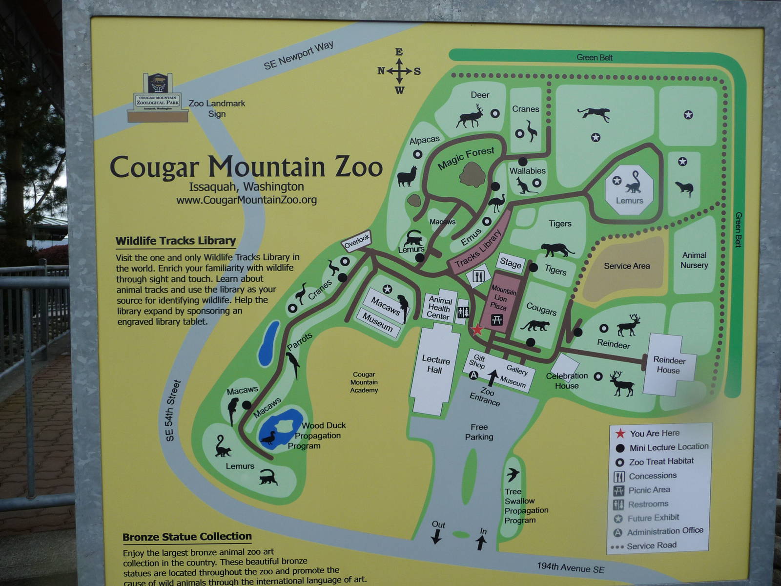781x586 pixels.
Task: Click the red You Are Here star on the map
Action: coord(477,330)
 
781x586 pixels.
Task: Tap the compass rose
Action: coord(399,71)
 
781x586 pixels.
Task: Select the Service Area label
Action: coord(627,266)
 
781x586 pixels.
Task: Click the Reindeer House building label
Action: coord(669,365)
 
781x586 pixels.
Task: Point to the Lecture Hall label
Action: coord(435,365)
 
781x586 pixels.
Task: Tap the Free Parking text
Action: coord(479,432)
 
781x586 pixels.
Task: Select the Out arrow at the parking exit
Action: coord(436,537)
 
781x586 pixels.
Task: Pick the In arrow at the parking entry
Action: coord(481,542)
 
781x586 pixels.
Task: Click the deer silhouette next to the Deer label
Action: coord(471,117)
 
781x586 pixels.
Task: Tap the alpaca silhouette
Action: coord(407,176)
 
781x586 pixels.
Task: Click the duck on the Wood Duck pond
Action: coord(268,438)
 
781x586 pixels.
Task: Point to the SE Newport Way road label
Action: coord(298,55)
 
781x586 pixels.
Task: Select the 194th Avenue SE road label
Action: coord(571,568)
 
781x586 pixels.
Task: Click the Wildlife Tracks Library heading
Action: coord(176,241)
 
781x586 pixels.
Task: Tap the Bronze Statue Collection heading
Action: coord(187,537)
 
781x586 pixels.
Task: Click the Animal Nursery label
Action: coord(694,260)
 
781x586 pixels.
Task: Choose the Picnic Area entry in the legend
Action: coord(649,490)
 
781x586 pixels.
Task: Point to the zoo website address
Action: coord(247,200)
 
